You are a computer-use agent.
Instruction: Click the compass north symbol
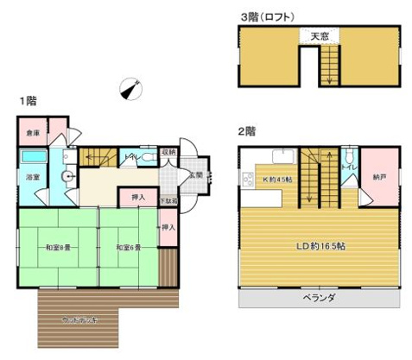point(130,87)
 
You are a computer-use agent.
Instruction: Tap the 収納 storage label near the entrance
point(169,153)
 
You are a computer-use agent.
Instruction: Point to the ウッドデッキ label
point(79,319)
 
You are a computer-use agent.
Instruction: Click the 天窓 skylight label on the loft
point(320,35)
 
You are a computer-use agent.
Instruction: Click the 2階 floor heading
point(246,132)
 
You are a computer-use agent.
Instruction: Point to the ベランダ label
point(319,297)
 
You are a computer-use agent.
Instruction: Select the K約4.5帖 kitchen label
point(276,180)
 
